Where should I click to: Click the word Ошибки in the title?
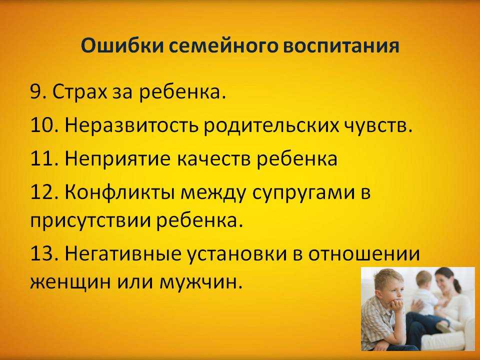tap(122, 46)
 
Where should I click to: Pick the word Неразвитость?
tap(131, 125)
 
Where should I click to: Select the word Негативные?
tap(123, 254)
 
